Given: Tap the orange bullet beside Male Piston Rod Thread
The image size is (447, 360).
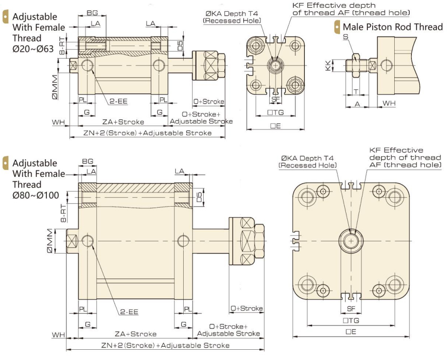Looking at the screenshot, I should [337, 27].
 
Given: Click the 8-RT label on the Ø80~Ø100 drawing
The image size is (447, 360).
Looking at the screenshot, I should [64, 212].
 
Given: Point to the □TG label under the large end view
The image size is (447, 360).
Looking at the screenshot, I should [351, 320].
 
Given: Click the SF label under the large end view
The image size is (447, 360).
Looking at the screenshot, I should [351, 308].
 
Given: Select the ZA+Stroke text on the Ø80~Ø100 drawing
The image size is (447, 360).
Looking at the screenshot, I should [135, 334].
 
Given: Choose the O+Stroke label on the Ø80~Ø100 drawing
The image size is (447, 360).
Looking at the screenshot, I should [247, 308].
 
